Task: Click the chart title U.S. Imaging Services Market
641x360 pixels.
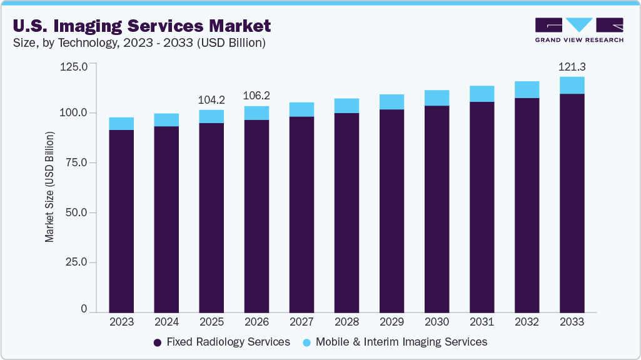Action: click(x=141, y=26)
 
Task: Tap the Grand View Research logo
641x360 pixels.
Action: click(x=578, y=30)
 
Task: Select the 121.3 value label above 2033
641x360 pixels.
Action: click(x=572, y=66)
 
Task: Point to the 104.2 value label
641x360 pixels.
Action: click(x=211, y=99)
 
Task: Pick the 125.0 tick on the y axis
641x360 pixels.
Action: click(x=74, y=66)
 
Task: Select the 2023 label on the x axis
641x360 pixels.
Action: click(x=121, y=322)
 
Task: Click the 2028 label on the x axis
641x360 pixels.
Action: click(x=346, y=322)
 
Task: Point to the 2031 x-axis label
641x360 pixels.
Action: click(x=482, y=322)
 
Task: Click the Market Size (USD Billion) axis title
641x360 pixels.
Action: click(x=49, y=187)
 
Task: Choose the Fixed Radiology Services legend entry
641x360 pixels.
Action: click(x=222, y=342)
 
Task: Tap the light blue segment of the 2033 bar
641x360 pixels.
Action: click(x=572, y=85)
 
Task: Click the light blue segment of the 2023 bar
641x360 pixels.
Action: click(x=121, y=124)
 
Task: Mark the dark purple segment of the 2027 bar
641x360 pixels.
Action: click(x=301, y=212)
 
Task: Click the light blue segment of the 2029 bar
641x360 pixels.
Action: click(x=391, y=102)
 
